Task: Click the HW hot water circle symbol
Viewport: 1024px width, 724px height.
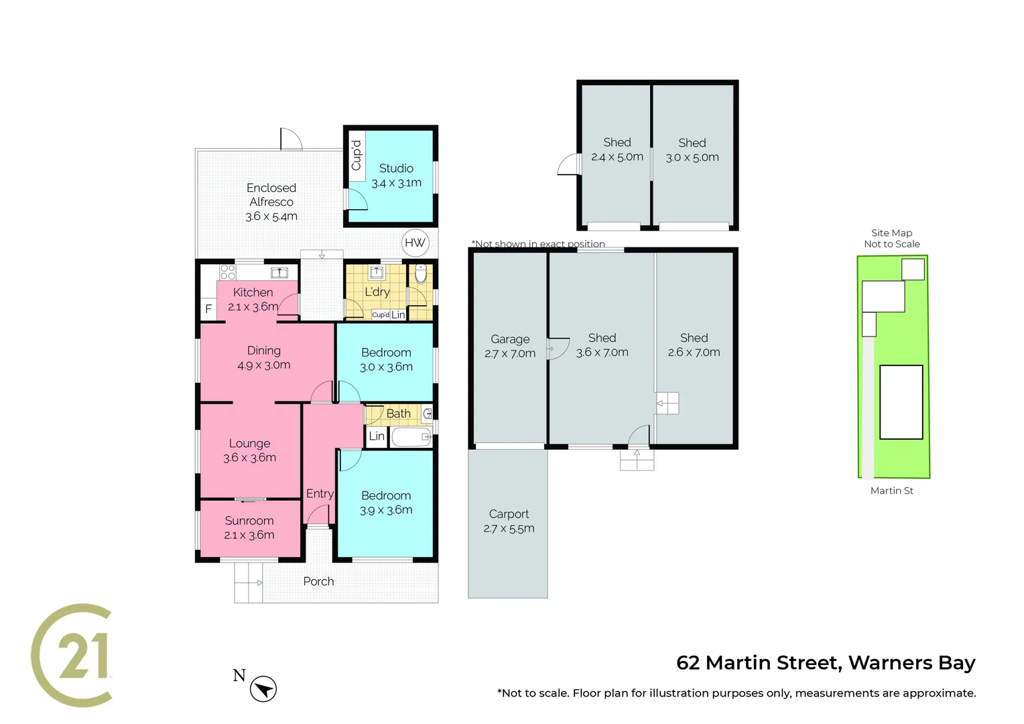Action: point(415,243)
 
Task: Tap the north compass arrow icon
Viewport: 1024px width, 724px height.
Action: point(263,688)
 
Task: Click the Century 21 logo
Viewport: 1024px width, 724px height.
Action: point(72,655)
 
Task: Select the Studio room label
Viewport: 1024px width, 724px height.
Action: point(396,168)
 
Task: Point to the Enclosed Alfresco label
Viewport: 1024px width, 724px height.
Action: point(271,195)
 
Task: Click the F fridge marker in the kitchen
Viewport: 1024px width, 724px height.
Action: point(208,309)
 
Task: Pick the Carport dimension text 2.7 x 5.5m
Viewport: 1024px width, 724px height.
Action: point(509,528)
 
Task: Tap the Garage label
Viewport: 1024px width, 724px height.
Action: point(510,339)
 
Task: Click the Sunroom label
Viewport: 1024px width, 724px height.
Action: point(249,521)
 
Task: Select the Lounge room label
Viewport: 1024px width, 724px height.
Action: point(249,443)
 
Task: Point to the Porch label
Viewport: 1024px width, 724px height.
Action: point(318,581)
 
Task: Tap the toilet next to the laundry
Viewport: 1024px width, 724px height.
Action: point(421,274)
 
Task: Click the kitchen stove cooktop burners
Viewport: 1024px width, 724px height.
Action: point(228,271)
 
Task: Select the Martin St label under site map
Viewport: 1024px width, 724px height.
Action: point(891,491)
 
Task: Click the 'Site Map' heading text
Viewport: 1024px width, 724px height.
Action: point(891,233)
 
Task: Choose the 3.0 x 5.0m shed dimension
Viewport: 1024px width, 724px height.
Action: point(692,158)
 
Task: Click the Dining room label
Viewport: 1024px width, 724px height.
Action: point(263,351)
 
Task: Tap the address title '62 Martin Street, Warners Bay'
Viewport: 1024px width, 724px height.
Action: point(826,662)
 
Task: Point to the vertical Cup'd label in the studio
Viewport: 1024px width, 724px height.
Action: point(357,156)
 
